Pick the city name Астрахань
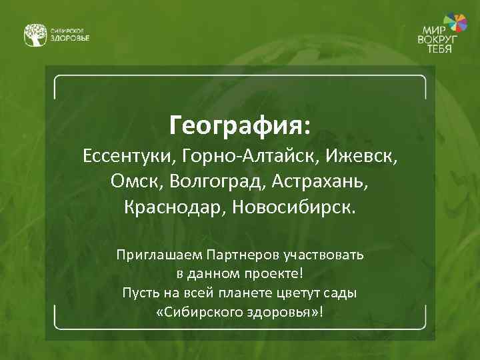pos(322,181)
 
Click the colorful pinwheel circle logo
pos(456,23)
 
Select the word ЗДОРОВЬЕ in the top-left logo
pos(70,37)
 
